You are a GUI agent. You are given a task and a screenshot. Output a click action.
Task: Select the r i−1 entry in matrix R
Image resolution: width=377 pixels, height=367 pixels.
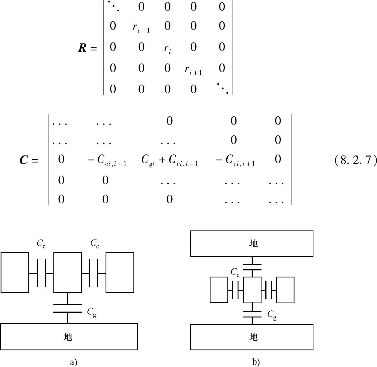(141, 27)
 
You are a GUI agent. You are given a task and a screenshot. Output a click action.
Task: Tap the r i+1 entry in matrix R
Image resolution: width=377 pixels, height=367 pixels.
(193, 70)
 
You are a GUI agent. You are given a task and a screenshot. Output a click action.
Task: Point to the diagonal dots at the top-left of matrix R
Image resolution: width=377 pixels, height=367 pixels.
(113, 6)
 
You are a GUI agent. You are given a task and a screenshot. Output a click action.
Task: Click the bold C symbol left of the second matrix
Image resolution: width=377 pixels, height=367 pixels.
(24, 160)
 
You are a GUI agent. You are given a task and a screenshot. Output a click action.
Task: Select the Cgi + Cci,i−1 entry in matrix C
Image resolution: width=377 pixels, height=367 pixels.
(169, 160)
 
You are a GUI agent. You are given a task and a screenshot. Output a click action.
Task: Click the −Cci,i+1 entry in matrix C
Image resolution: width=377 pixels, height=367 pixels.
(235, 160)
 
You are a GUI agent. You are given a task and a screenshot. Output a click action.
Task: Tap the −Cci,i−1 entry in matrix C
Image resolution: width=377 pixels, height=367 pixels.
(107, 160)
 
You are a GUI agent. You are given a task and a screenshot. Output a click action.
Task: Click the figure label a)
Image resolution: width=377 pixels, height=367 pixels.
(73, 362)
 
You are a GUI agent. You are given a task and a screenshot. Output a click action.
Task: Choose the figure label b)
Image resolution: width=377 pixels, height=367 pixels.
(256, 362)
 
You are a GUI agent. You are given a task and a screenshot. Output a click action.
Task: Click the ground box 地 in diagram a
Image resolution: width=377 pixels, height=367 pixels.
(69, 337)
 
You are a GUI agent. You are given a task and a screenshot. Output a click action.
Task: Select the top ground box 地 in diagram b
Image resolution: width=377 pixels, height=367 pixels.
(252, 243)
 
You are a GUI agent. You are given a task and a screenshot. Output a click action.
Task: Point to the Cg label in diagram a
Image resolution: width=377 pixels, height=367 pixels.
(92, 312)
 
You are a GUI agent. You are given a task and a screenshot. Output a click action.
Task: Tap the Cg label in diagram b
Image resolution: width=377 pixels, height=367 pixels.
(272, 315)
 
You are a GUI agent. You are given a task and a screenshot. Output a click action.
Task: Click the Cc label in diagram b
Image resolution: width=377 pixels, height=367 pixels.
(235, 272)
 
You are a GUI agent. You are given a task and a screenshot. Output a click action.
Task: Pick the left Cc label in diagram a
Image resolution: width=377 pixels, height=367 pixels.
(41, 244)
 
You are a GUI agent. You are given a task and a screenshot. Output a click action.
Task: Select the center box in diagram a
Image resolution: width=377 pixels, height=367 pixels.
(68, 272)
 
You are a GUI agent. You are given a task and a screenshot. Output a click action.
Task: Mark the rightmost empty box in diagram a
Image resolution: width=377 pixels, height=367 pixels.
(120, 272)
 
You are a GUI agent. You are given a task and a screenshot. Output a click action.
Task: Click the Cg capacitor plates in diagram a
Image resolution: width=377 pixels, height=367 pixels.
(67, 308)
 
